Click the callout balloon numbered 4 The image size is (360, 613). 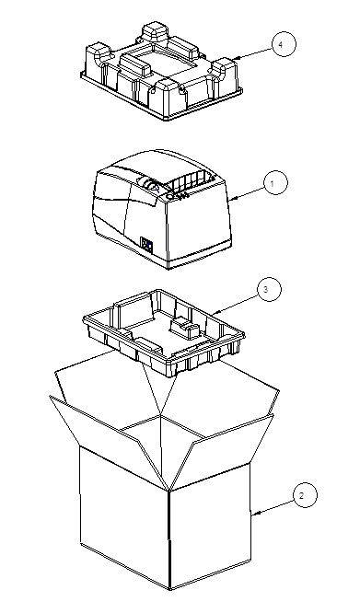284,44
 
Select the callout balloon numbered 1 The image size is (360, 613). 275,182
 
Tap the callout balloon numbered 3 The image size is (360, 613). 270,289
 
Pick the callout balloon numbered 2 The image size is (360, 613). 305,495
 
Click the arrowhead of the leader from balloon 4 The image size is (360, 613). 237,59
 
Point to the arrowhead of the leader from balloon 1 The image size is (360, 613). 232,199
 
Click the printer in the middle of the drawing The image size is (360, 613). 162,209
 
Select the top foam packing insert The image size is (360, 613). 161,71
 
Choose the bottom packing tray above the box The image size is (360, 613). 164,332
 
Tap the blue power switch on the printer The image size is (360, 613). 146,245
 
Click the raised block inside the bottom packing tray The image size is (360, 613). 186,328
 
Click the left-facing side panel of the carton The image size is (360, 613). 124,517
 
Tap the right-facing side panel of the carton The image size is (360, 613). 210,526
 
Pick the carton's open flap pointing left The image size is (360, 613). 106,434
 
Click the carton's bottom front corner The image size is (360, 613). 169,589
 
